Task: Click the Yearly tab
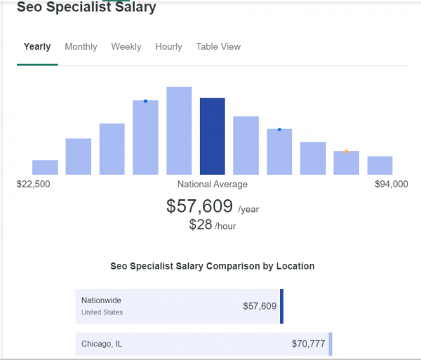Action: (x=37, y=47)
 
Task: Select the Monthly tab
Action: (x=81, y=47)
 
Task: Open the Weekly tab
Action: (x=126, y=47)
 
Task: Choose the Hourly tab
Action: (x=168, y=47)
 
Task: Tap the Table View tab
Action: (x=218, y=47)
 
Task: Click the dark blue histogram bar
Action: (x=213, y=136)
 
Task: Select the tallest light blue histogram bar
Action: (x=179, y=131)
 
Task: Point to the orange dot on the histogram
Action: (x=347, y=152)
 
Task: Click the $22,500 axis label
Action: (x=33, y=185)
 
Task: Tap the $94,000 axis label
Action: (x=391, y=185)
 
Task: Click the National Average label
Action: (x=213, y=185)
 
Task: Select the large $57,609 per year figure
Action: (x=200, y=206)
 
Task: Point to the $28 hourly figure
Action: (x=201, y=225)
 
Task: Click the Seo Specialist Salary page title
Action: (x=86, y=8)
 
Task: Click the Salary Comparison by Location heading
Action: (x=213, y=267)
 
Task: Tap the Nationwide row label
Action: (x=102, y=300)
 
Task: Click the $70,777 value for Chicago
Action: (x=309, y=345)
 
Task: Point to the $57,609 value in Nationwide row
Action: (x=260, y=306)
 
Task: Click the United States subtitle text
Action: (x=102, y=312)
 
